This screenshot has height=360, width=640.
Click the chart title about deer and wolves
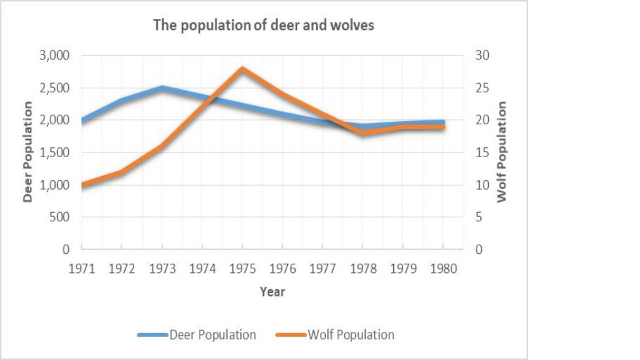tap(263, 26)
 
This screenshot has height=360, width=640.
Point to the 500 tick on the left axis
tap(60, 217)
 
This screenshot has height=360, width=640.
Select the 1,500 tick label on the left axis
tap(55, 153)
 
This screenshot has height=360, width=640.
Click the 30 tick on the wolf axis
tap(482, 55)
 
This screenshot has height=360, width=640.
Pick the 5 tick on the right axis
tap(479, 217)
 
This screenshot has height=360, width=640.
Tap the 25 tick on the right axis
tap(482, 88)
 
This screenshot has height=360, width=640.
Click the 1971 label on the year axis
tap(82, 269)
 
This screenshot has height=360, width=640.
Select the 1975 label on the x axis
tap(242, 269)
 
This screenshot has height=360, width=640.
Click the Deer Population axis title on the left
tap(27, 152)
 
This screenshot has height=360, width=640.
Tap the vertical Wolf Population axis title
tap(502, 152)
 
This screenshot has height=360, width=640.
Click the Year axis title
tap(272, 291)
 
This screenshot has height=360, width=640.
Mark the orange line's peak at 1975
tap(242, 69)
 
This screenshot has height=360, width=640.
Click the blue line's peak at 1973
tap(162, 88)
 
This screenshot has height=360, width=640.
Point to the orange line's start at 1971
tap(82, 185)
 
